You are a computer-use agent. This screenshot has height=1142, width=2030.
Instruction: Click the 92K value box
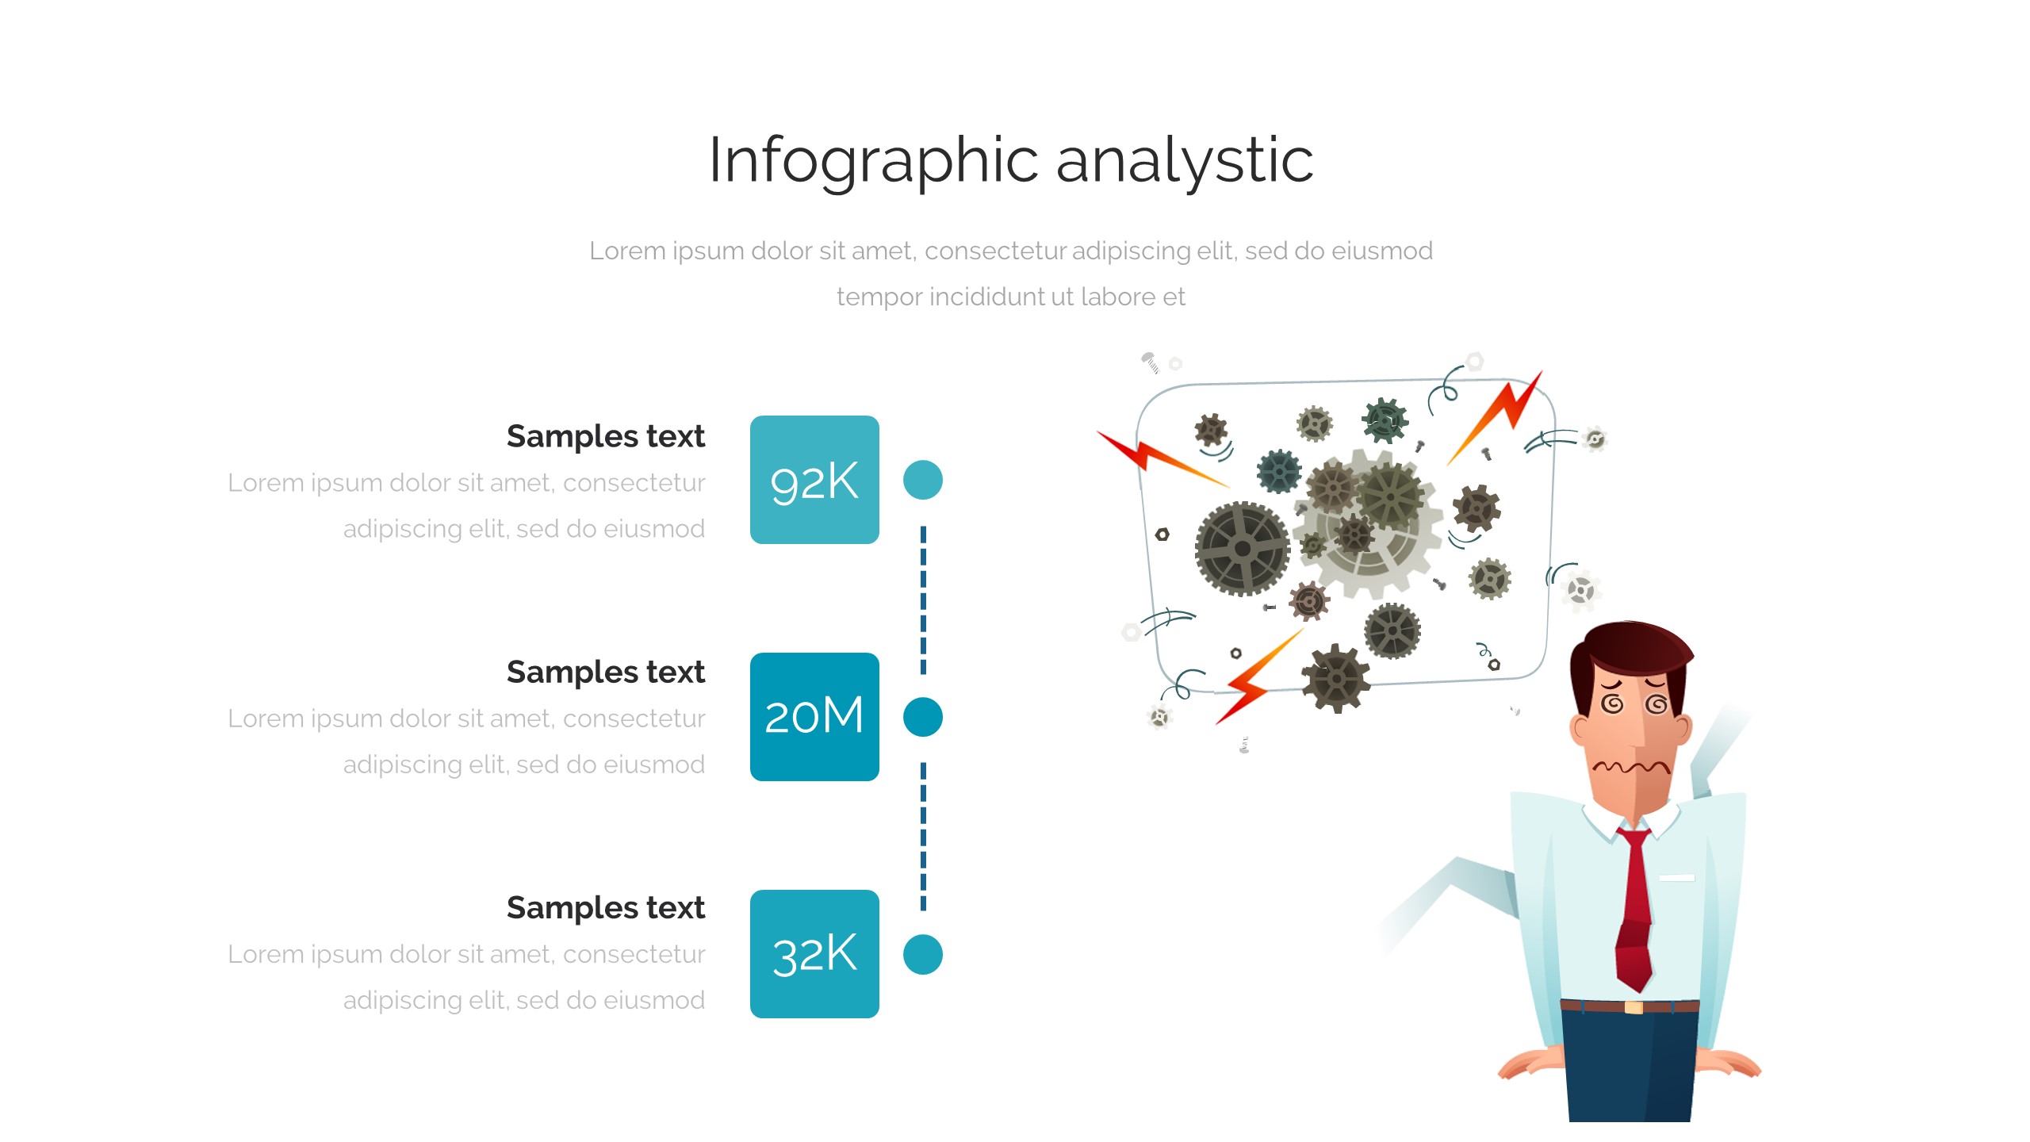tap(814, 480)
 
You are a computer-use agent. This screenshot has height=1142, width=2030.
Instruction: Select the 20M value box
tap(814, 717)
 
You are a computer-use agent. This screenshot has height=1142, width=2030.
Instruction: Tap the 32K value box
tap(814, 954)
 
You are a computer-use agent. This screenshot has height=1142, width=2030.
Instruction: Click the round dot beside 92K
tap(923, 480)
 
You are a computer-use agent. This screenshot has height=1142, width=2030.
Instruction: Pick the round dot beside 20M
tap(923, 717)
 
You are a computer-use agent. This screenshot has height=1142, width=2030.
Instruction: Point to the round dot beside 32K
tap(923, 954)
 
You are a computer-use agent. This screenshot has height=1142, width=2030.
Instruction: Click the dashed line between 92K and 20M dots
tap(923, 600)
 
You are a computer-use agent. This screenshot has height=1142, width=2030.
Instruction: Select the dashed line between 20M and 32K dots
tap(923, 837)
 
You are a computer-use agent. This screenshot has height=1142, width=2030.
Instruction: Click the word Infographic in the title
tap(873, 162)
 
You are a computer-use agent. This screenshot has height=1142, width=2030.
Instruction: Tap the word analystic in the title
tap(1185, 162)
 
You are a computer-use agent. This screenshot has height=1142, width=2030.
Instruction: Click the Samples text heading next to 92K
tap(606, 436)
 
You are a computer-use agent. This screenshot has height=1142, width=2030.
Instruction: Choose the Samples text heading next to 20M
tap(606, 672)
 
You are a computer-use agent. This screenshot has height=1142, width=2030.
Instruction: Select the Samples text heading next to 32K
tap(606, 907)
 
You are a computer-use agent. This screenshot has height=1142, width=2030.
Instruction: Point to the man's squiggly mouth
tap(1631, 767)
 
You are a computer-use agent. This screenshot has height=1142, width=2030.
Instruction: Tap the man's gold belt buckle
tap(1634, 1007)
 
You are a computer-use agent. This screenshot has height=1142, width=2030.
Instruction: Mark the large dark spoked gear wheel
tap(1243, 548)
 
